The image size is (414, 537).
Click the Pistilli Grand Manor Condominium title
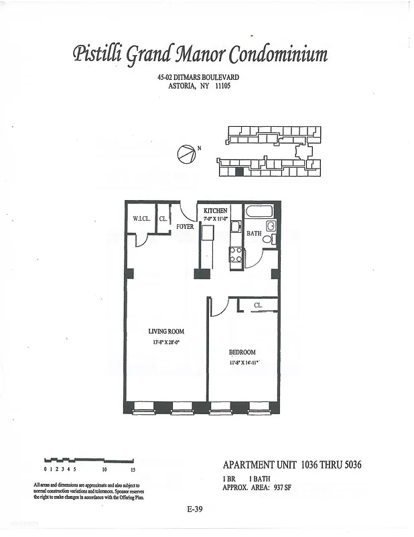click(x=200, y=54)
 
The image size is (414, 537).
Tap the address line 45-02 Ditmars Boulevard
click(x=198, y=78)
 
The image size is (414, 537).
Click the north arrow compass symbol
click(x=186, y=154)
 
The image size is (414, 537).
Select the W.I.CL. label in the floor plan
click(x=141, y=218)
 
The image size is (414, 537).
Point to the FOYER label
click(x=185, y=227)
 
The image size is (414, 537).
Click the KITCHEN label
click(x=215, y=211)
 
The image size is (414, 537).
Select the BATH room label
click(x=254, y=234)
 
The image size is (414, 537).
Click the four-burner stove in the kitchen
click(x=236, y=254)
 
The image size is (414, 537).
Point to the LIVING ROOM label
click(x=166, y=332)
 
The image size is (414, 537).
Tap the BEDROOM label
click(x=242, y=352)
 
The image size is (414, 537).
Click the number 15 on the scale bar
click(x=133, y=470)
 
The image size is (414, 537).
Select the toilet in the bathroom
click(x=268, y=239)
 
